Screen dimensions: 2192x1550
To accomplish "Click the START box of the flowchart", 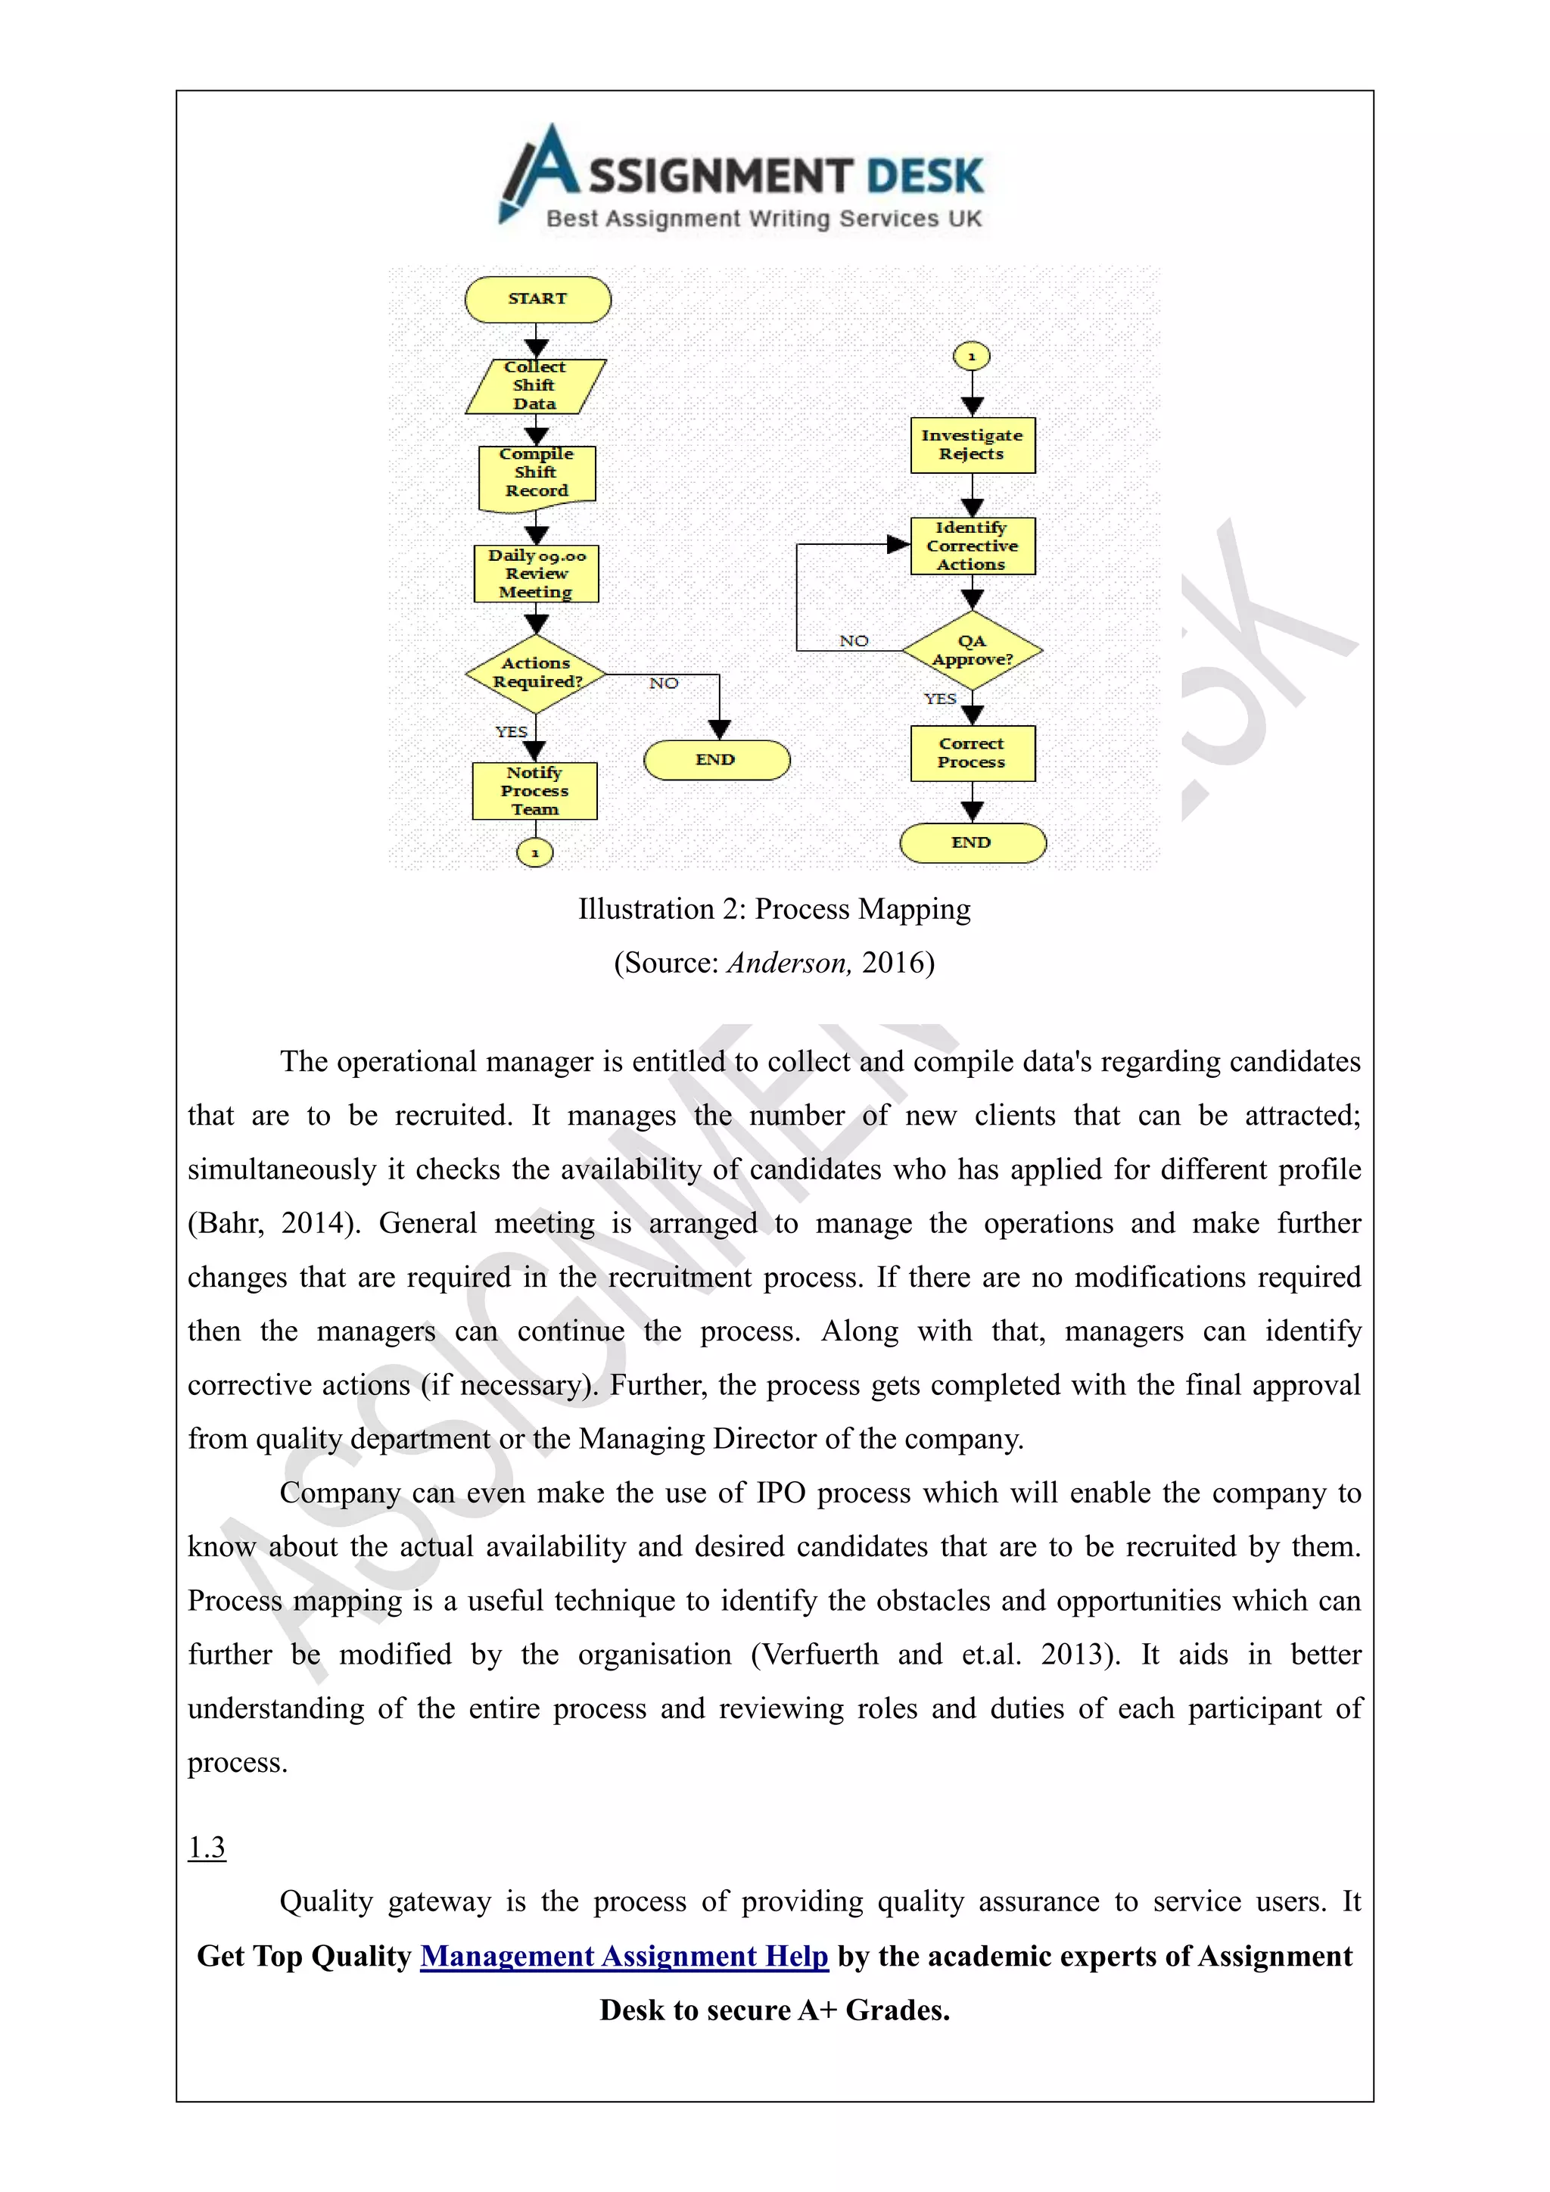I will click(537, 299).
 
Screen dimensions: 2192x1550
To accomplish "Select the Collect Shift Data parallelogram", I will click(535, 386).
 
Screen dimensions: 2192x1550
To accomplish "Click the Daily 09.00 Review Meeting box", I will click(537, 574).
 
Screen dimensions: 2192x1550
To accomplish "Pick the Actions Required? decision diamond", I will click(537, 673).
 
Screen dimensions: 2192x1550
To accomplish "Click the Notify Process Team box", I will click(534, 790).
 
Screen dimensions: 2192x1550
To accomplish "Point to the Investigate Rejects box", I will click(972, 445).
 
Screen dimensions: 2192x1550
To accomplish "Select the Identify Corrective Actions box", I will click(972, 546).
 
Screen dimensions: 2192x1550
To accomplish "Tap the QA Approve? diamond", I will click(972, 651).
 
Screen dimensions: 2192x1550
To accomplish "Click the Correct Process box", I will click(972, 753).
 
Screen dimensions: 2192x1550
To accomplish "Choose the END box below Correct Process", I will click(972, 843).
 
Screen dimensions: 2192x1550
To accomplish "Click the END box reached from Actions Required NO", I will click(717, 760).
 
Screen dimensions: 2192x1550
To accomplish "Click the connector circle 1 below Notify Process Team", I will click(534, 852).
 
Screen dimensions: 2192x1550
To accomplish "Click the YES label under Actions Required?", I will click(512, 731).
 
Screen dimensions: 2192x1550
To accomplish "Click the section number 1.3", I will click(206, 1848).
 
